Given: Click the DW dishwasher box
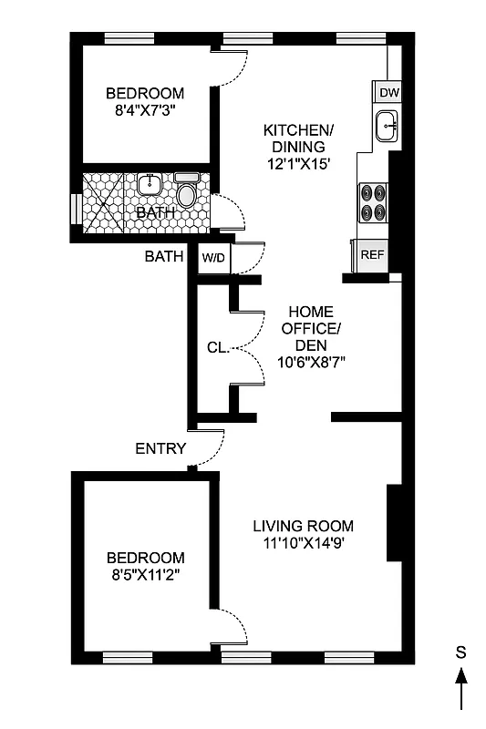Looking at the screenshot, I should pyautogui.click(x=388, y=93).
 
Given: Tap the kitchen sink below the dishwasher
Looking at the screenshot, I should pyautogui.click(x=387, y=127).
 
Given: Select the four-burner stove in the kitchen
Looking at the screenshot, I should pyautogui.click(x=372, y=202).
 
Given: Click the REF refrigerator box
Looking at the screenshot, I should pyautogui.click(x=372, y=254).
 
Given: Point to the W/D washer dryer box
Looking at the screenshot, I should pyautogui.click(x=214, y=259).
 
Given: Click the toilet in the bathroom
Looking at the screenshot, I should pyautogui.click(x=187, y=193).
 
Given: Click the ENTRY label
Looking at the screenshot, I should pyautogui.click(x=160, y=448).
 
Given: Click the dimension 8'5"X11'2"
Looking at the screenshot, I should pyautogui.click(x=145, y=576).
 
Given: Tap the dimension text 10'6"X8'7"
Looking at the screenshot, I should pyautogui.click(x=311, y=362).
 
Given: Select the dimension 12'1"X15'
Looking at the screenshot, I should pyautogui.click(x=298, y=165).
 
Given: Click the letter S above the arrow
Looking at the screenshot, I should pyautogui.click(x=462, y=652).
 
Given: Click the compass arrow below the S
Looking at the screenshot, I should pyautogui.click(x=462, y=688).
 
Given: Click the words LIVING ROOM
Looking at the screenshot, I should pyautogui.click(x=303, y=526).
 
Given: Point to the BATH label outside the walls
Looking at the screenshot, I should pyautogui.click(x=164, y=257).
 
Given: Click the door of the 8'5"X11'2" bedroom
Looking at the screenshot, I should pyautogui.click(x=230, y=631).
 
